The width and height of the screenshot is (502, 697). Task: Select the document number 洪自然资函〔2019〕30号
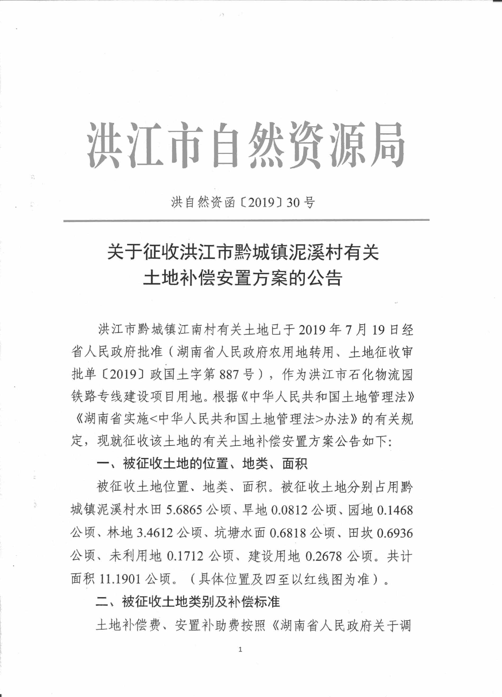[x=243, y=202]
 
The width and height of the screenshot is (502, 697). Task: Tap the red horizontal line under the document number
[x=246, y=220]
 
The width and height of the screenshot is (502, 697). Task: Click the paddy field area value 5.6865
[x=184, y=510]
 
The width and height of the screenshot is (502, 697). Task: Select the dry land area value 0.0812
[x=289, y=510]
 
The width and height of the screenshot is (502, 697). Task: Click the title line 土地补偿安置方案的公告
[x=243, y=278]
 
